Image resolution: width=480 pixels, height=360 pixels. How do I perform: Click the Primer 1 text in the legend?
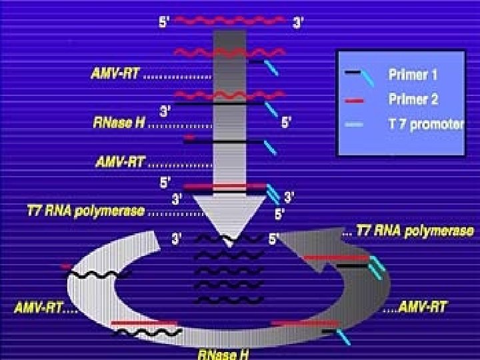(x=413, y=75)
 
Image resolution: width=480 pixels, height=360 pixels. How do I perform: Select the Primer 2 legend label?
(x=413, y=100)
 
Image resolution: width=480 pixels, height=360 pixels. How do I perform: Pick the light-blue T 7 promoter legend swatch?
(x=356, y=125)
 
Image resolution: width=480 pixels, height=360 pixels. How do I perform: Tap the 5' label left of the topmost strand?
(x=164, y=21)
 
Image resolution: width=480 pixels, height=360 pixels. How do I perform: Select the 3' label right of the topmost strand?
(x=299, y=22)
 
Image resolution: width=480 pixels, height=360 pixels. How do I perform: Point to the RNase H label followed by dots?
(x=118, y=123)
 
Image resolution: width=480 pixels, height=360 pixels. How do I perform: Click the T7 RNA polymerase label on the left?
(x=85, y=211)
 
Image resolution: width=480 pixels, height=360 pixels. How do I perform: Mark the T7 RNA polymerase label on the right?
(x=415, y=231)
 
